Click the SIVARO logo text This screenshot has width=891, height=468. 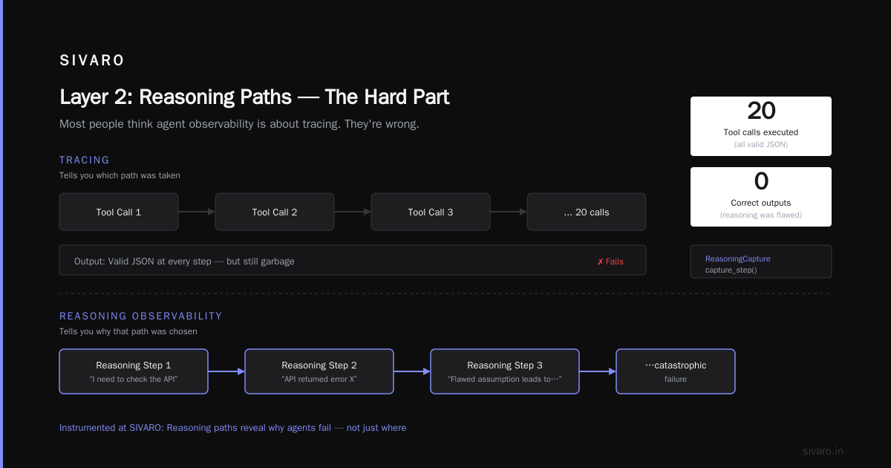point(92,60)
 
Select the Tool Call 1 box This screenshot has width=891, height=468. point(119,212)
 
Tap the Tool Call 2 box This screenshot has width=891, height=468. point(275,212)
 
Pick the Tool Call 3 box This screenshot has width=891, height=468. point(431,212)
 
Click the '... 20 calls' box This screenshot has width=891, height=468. point(587,212)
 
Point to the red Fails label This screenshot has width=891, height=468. point(610,261)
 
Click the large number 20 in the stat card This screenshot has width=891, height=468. point(761,110)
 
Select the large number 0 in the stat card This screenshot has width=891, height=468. point(761,181)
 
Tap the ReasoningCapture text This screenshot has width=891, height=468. point(738,259)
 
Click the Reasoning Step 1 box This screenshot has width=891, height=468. point(134,371)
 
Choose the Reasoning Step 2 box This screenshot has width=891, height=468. point(319,371)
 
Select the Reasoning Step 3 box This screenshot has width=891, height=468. point(505,371)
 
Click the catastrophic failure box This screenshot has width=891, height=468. point(676,371)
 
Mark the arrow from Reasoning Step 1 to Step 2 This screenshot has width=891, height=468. point(226,371)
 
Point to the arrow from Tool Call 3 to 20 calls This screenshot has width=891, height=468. point(509,212)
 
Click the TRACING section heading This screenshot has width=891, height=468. point(85,160)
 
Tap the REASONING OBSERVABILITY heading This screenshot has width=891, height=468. point(141,316)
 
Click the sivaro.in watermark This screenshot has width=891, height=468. point(823,451)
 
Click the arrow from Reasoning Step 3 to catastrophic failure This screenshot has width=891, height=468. point(598,371)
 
